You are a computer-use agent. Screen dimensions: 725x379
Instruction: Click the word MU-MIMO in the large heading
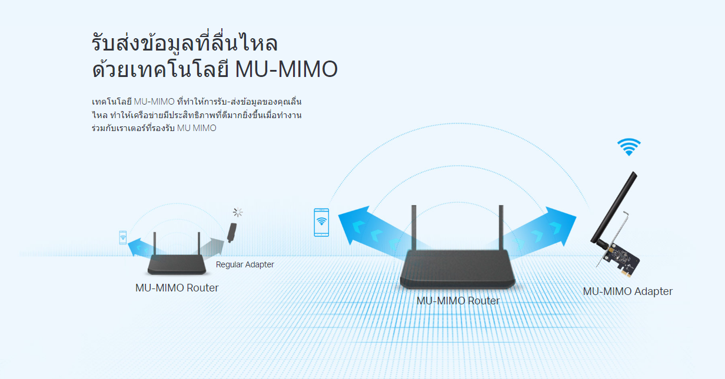coord(286,69)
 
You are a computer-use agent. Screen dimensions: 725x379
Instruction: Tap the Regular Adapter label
coord(245,264)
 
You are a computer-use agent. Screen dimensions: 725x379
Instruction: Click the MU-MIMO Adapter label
coord(627,291)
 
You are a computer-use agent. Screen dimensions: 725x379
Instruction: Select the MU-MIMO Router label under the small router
coord(177,288)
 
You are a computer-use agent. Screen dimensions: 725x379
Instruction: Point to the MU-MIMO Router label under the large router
coord(458,301)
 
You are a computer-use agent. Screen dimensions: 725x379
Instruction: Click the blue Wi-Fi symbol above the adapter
coord(629,147)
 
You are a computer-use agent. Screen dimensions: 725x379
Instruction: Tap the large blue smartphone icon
coord(321,223)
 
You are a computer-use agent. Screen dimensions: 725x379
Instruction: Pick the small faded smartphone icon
coord(122,237)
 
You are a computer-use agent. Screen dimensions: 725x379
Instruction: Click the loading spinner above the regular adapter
coord(238,212)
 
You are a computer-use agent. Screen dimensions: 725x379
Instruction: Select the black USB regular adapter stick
coord(232,233)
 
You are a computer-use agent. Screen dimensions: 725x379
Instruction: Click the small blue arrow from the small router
coord(141,248)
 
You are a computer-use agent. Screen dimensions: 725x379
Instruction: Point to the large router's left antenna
coord(414,227)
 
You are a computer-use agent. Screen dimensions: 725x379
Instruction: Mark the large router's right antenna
coord(501,227)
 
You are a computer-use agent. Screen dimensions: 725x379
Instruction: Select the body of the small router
coord(177,264)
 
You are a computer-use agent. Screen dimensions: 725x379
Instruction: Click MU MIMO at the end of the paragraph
coord(197,128)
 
